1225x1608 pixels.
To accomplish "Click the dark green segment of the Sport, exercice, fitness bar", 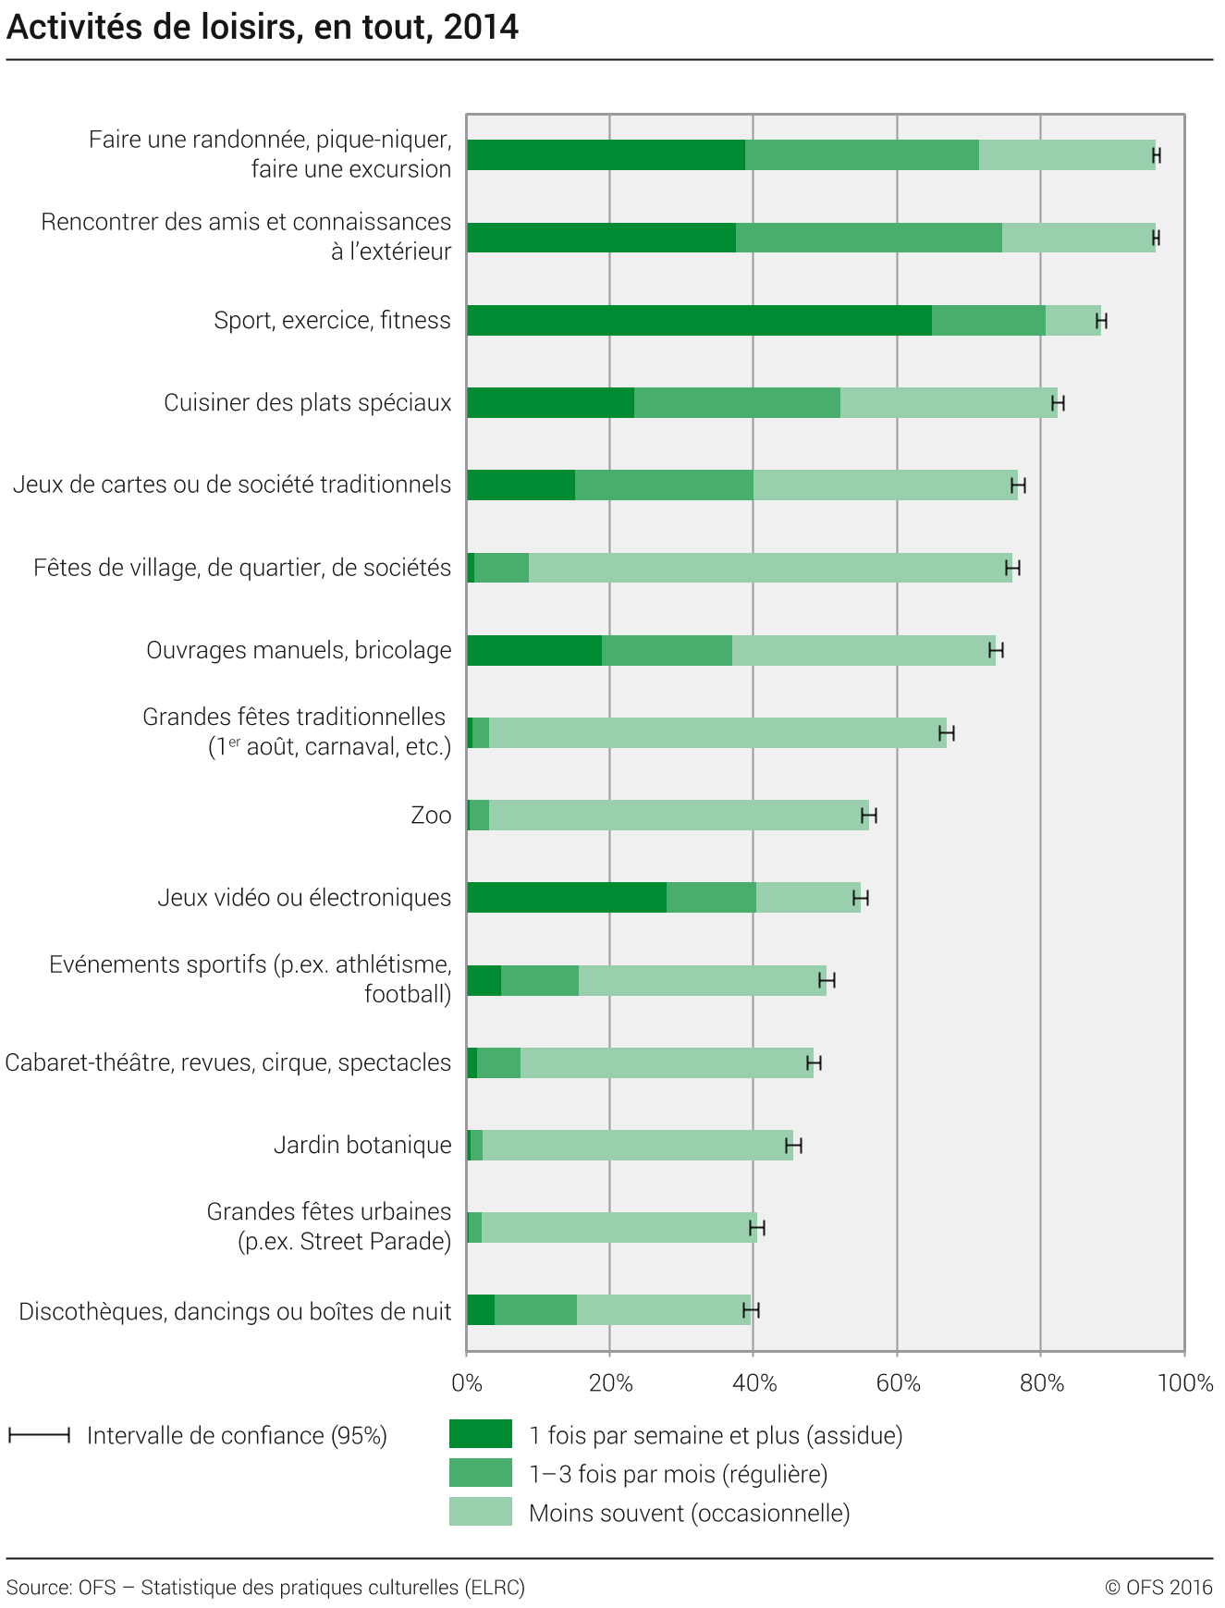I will pyautogui.click(x=699, y=320).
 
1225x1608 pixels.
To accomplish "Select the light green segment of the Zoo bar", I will pyautogui.click(x=679, y=815).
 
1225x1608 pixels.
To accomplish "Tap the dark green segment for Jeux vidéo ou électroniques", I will pyautogui.click(x=566, y=897).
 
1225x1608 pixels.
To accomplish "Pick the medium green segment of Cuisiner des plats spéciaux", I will pyautogui.click(x=737, y=402).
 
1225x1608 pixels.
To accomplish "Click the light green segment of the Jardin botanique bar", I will pyautogui.click(x=637, y=1145).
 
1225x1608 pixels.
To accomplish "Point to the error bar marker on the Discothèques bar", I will pyautogui.click(x=751, y=1309).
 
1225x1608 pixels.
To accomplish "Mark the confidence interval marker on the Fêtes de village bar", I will pyautogui.click(x=1012, y=568).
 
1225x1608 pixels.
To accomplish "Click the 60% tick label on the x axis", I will pyautogui.click(x=898, y=1383).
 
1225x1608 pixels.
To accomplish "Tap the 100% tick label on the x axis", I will pyautogui.click(x=1184, y=1383).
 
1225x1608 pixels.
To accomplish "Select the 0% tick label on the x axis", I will pyautogui.click(x=467, y=1383).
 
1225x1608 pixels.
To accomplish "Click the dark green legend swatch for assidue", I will pyautogui.click(x=480, y=1434).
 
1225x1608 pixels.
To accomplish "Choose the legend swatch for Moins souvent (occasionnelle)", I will pyautogui.click(x=480, y=1512).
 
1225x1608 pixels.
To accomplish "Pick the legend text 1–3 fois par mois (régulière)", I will pyautogui.click(x=678, y=1474).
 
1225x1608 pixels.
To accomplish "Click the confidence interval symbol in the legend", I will pyautogui.click(x=39, y=1435).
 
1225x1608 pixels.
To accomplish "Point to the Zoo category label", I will pyautogui.click(x=431, y=815).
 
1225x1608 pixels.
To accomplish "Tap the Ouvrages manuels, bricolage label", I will pyautogui.click(x=299, y=650).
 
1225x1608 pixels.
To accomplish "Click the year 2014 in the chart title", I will pyautogui.click(x=481, y=28).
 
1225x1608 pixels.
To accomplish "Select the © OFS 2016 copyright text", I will pyautogui.click(x=1158, y=1587).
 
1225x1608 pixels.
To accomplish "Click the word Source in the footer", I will pyautogui.click(x=38, y=1587).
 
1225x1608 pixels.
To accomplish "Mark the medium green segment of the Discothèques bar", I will pyautogui.click(x=535, y=1309).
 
